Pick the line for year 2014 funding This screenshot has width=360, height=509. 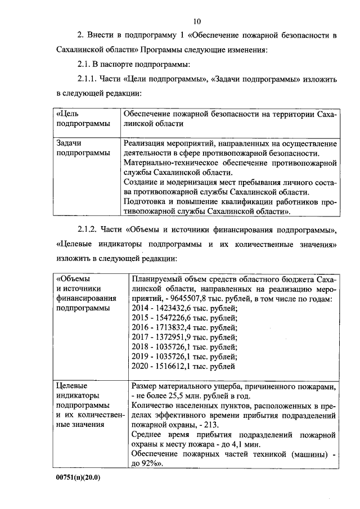184,308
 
